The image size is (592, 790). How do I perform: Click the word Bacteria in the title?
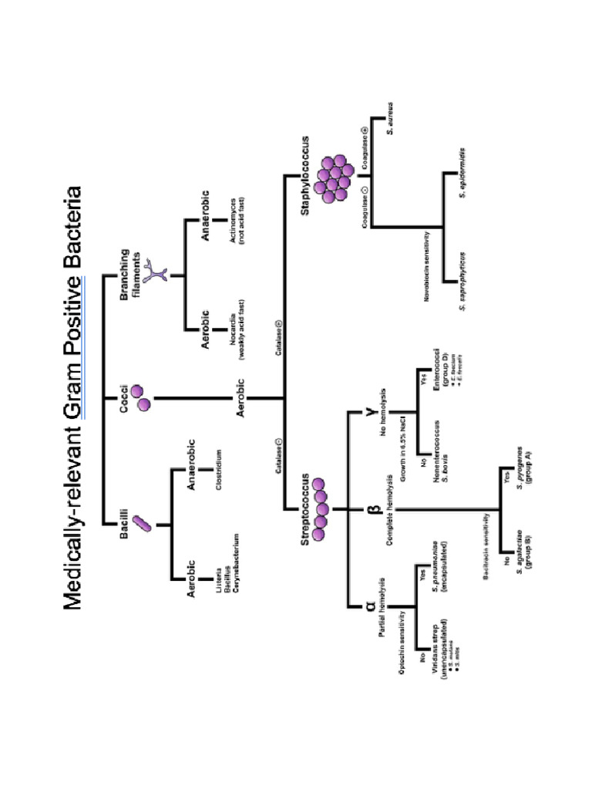point(74,241)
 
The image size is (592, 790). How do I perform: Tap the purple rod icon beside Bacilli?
point(141,524)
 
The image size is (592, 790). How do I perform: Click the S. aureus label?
point(392,117)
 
